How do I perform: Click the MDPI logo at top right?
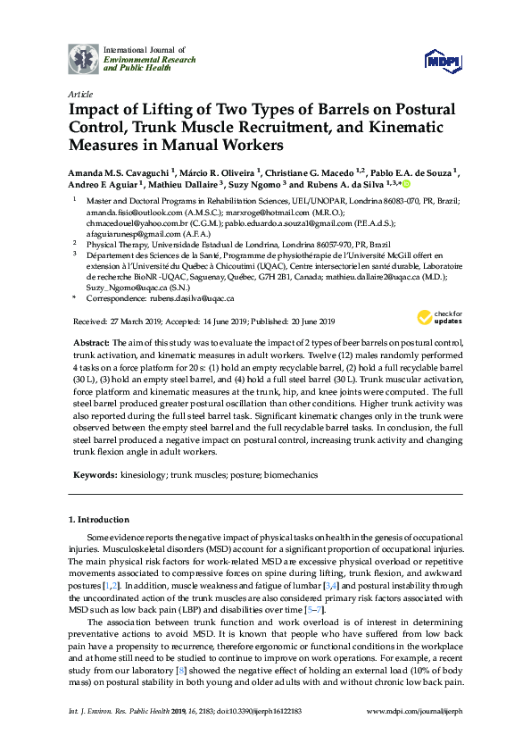pyautogui.click(x=443, y=62)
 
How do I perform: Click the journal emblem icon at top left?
pyautogui.click(x=85, y=59)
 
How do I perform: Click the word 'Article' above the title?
pyautogui.click(x=79, y=93)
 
